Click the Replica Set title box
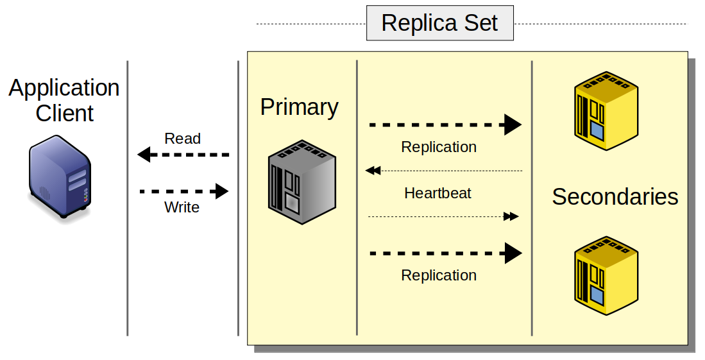[439, 23]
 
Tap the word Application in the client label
[64, 88]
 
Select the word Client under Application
[64, 113]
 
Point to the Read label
[182, 139]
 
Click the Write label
[182, 207]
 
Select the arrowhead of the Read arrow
[144, 155]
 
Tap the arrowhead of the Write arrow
[222, 191]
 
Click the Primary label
[299, 107]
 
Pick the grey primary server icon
[302, 182]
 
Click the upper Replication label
[439, 147]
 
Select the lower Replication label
[439, 275]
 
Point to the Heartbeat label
[438, 193]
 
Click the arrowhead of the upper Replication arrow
[513, 124]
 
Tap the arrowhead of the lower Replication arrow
[513, 253]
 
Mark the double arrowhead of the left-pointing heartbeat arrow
[373, 171]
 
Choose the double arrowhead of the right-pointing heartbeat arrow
[511, 217]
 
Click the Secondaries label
[615, 197]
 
